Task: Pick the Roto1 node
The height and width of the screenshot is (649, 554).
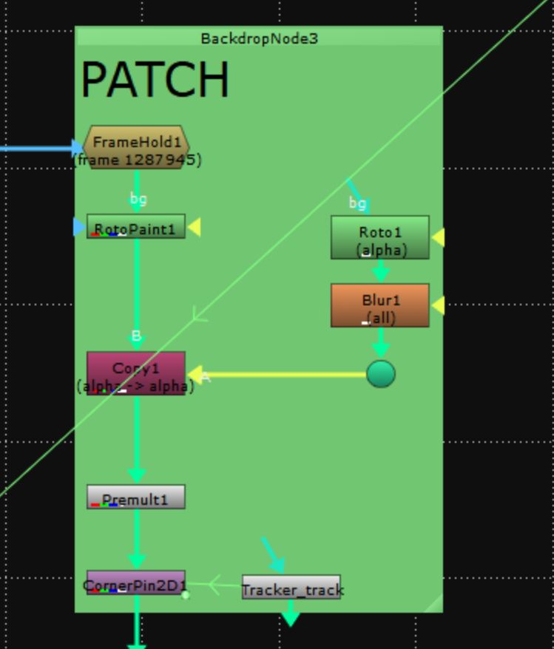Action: (x=380, y=237)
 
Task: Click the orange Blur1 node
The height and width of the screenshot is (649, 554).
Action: (x=380, y=305)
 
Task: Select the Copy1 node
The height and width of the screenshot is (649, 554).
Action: (x=135, y=373)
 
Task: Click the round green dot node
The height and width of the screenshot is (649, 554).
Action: (x=380, y=374)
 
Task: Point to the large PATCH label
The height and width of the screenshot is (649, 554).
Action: (x=155, y=80)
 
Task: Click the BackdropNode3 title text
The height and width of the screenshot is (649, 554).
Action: (x=259, y=38)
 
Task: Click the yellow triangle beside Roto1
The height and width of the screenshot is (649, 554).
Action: (x=438, y=237)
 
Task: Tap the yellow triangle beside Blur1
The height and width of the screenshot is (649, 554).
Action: (x=438, y=305)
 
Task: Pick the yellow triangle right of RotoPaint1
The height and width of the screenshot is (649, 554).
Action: (x=194, y=228)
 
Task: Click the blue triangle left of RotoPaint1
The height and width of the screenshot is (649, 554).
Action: (x=79, y=227)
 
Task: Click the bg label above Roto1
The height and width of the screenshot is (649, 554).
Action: (x=357, y=203)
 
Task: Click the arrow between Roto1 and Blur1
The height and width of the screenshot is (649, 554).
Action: (x=380, y=272)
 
